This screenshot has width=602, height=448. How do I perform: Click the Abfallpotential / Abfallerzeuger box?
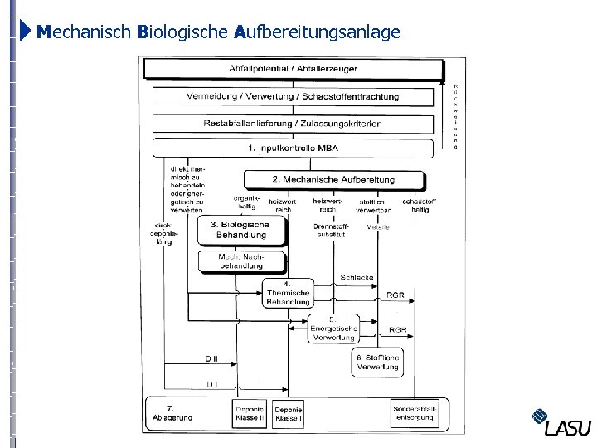(293, 68)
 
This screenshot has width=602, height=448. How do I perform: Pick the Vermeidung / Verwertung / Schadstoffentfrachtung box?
(293, 96)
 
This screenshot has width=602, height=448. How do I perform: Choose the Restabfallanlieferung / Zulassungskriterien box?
(293, 124)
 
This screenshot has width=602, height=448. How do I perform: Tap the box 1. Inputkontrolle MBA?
(293, 149)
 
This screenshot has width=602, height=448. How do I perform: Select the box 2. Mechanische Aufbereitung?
(333, 179)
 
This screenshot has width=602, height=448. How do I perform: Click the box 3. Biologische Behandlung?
(240, 230)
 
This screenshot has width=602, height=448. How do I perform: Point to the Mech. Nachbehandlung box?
(240, 261)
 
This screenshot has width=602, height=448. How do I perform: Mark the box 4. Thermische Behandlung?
(288, 293)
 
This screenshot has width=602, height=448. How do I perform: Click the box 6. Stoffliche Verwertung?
(377, 363)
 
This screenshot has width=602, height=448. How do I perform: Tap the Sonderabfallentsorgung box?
(415, 413)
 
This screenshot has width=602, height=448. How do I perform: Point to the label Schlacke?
(357, 278)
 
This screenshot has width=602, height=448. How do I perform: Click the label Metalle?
(377, 227)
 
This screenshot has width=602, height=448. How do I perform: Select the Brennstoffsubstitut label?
(331, 231)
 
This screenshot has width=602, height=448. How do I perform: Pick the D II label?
(211, 359)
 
